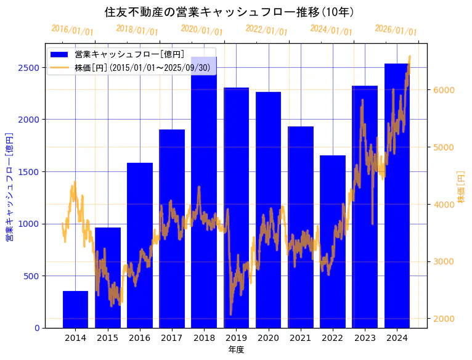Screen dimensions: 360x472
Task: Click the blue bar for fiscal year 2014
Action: pos(75,309)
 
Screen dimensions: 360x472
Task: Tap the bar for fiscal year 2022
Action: pos(333,247)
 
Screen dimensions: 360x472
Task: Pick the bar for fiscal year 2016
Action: pos(140,247)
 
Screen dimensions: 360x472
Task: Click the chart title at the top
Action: pos(229,12)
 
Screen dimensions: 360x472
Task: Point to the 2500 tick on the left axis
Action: pos(28,68)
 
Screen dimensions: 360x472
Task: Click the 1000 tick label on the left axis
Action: pos(28,224)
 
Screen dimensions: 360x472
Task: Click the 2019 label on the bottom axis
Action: pos(236,338)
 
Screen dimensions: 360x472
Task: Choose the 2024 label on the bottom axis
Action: pos(397,338)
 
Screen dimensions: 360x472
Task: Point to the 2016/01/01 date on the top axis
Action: pos(72,30)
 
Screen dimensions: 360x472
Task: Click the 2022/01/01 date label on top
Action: pos(266,30)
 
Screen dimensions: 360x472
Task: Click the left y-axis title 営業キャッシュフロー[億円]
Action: pos(9,187)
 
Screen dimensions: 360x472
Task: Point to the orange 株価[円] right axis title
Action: pos(462,187)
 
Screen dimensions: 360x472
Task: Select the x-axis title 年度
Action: pos(236,350)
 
